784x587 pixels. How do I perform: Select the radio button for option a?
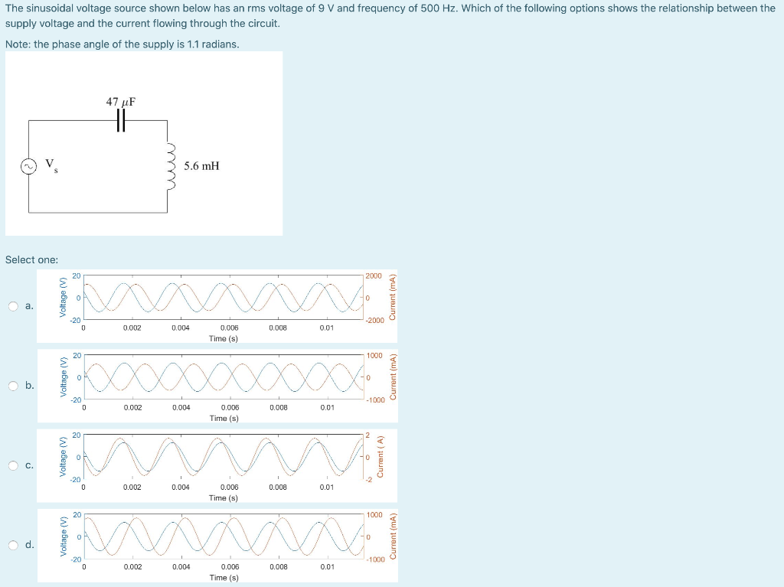click(x=14, y=307)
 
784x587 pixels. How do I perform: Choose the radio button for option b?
click(x=14, y=386)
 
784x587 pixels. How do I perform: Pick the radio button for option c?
click(x=14, y=465)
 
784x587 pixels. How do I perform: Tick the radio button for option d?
click(x=14, y=545)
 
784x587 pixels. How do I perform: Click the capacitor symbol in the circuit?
click(x=120, y=120)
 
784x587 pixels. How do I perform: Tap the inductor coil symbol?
click(x=170, y=165)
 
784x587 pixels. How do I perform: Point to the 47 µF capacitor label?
click(x=121, y=101)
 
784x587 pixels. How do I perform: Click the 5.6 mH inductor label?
click(x=201, y=165)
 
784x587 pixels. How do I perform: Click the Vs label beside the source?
click(x=50, y=165)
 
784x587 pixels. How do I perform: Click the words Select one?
click(x=31, y=259)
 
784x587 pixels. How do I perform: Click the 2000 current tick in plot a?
click(x=374, y=276)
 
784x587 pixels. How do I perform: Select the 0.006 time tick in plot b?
click(x=230, y=408)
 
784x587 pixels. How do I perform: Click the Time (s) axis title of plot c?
click(x=224, y=497)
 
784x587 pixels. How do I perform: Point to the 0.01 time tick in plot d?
click(x=327, y=567)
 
